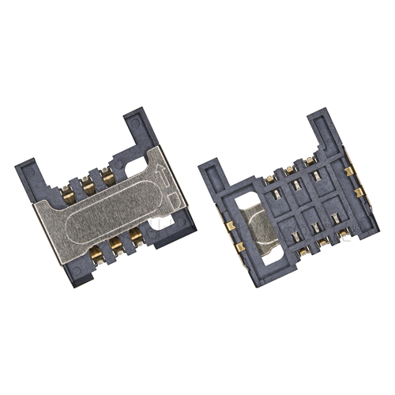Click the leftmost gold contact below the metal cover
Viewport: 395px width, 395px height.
98,254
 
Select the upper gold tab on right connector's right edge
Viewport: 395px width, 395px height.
348,171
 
